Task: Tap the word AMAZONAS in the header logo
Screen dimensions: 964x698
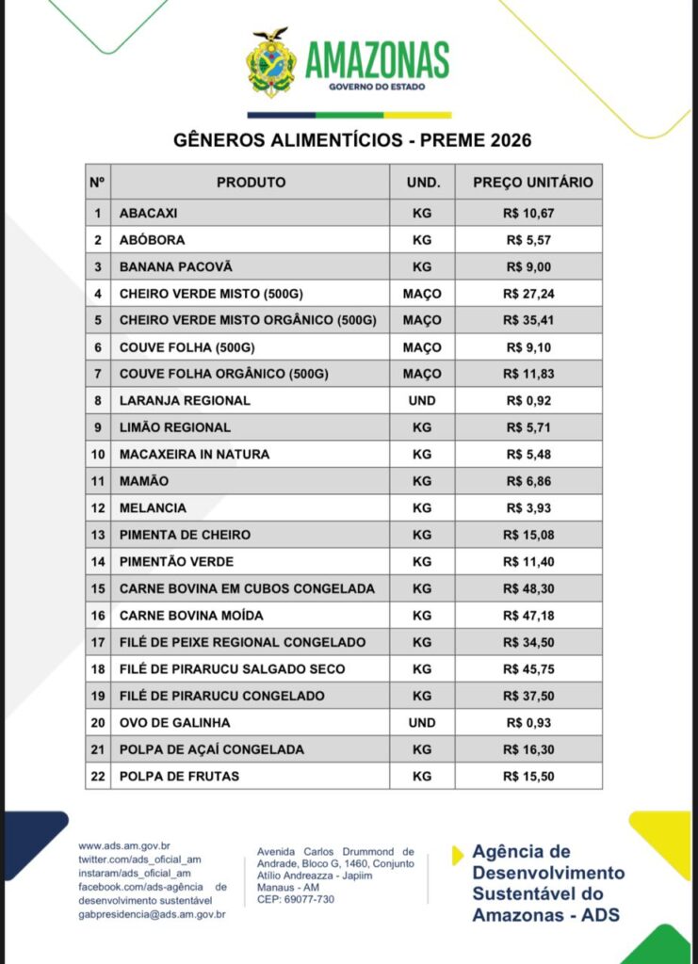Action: (376, 61)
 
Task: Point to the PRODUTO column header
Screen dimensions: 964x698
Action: (251, 183)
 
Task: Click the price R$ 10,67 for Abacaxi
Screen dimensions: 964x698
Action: (528, 213)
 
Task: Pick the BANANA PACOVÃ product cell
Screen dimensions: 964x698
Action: (175, 266)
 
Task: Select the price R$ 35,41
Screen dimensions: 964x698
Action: (528, 320)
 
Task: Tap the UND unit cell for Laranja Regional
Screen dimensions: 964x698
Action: (422, 400)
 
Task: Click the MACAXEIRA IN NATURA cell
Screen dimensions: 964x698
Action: (194, 454)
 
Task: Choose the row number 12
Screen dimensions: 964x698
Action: (98, 507)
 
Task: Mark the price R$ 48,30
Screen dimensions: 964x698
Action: (528, 588)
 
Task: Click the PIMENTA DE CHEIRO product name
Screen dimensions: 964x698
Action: (185, 535)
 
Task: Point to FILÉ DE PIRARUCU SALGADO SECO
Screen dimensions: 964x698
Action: (232, 668)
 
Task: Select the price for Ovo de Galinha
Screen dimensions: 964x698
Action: (528, 722)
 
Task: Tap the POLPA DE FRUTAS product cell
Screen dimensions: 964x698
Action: (179, 776)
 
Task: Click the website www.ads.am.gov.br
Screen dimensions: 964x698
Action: (130, 846)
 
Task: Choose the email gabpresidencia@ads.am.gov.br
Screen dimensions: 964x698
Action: (152, 913)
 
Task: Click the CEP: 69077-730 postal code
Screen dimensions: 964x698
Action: (296, 899)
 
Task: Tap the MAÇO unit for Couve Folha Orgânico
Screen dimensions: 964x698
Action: (422, 374)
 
